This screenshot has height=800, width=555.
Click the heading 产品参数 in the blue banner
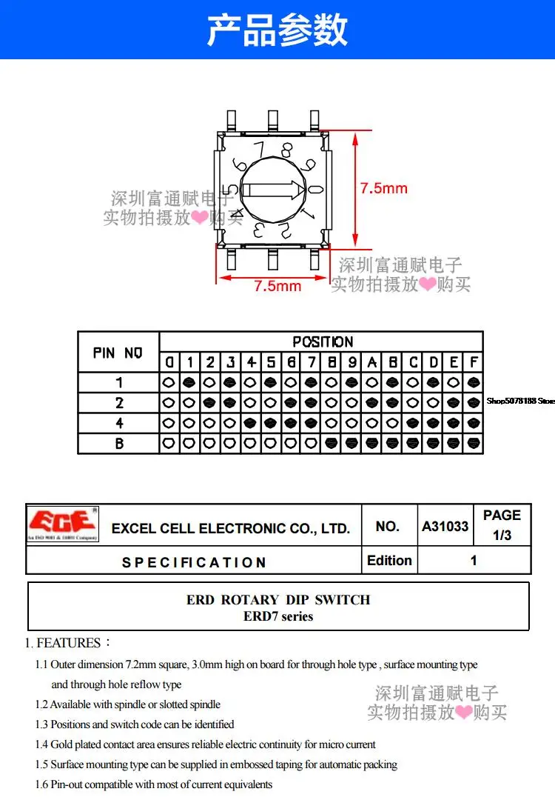click(277, 30)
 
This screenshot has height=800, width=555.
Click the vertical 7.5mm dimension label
click(384, 188)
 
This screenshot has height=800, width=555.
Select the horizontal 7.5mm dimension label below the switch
click(277, 286)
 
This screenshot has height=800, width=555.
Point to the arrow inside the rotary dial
click(273, 190)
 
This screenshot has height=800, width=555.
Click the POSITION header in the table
click(323, 341)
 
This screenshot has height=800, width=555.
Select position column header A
click(372, 362)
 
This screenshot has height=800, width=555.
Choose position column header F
click(474, 362)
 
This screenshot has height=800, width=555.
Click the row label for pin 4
click(119, 423)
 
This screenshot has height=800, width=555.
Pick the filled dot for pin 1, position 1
click(189, 382)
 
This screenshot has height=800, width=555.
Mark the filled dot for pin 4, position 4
click(250, 423)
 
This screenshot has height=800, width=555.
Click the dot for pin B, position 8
click(332, 444)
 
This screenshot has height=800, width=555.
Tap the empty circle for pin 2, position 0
click(169, 402)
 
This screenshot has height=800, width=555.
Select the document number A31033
click(445, 526)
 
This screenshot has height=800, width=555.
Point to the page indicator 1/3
click(502, 536)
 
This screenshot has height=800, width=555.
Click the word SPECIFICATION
click(194, 562)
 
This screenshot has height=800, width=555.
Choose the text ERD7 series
click(278, 616)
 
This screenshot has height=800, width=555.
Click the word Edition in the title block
click(389, 560)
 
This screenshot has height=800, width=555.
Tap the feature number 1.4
click(41, 744)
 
